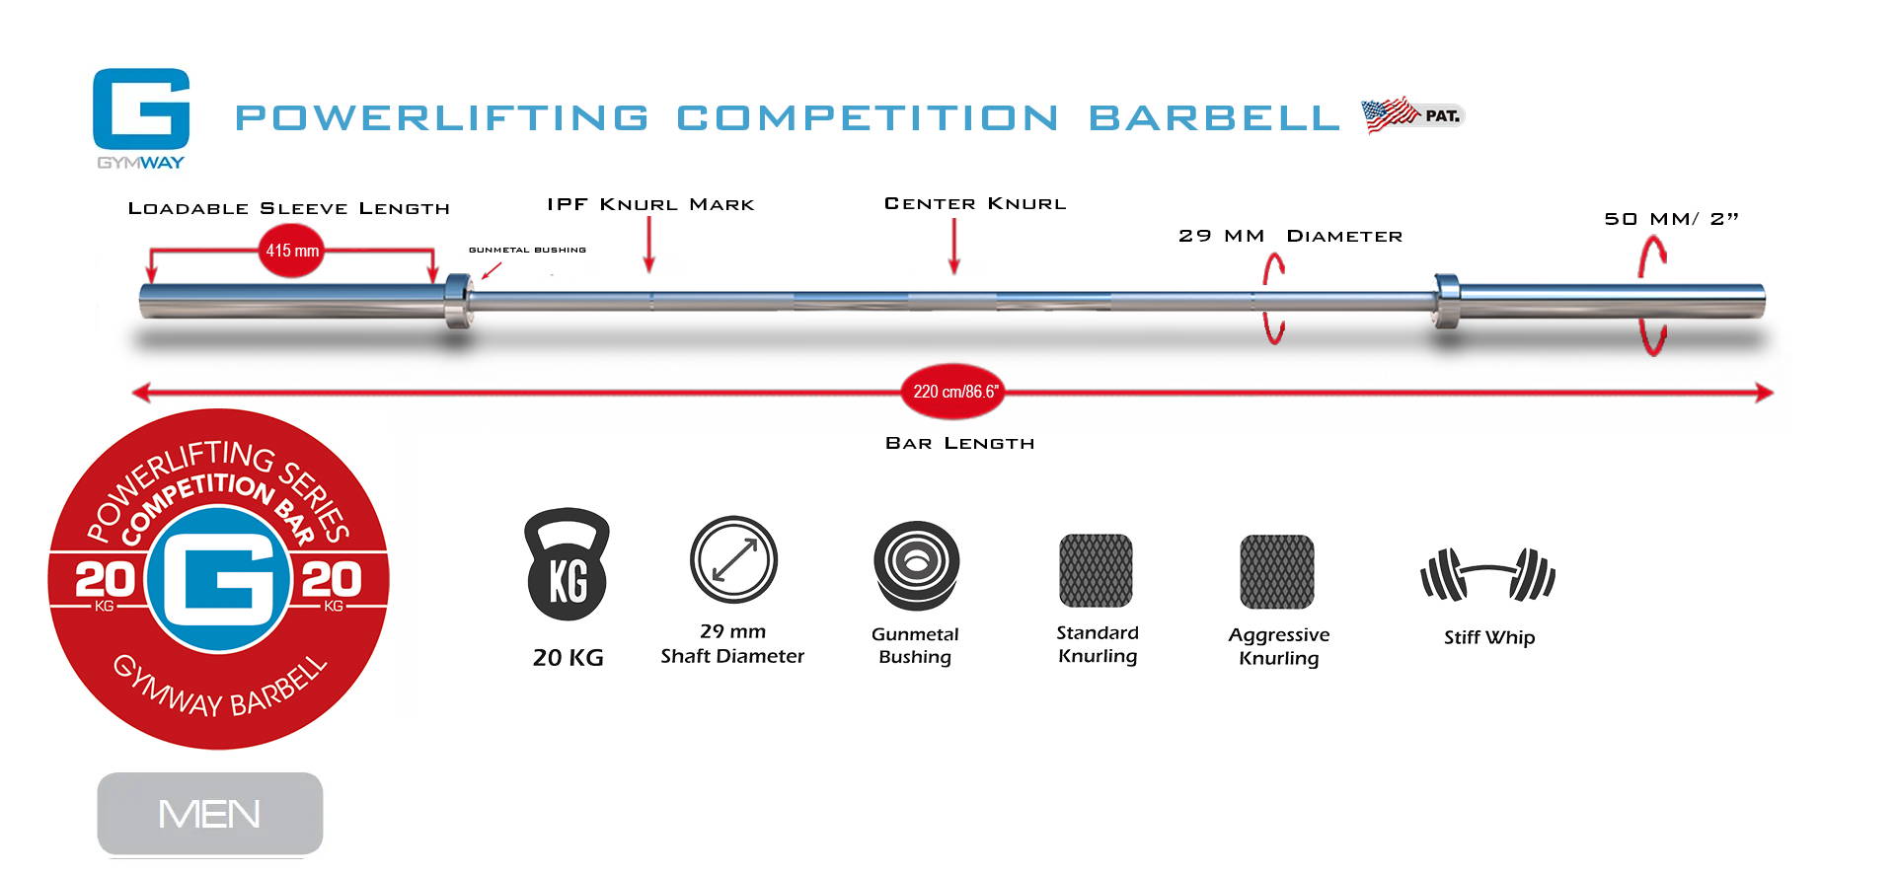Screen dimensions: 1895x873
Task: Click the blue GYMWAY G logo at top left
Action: [141, 109]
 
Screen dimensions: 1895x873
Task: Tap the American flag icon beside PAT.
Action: [1389, 115]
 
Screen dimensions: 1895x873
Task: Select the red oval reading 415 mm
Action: [292, 251]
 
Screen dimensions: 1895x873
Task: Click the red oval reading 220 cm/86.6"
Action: [954, 392]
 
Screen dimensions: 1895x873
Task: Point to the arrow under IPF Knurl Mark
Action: [649, 245]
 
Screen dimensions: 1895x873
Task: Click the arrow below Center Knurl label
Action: [954, 246]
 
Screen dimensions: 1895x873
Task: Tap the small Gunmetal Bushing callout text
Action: [527, 251]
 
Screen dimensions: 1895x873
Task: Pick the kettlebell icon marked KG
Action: [568, 564]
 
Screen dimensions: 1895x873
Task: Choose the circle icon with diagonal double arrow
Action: [733, 559]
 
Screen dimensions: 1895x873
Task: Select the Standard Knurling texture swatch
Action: [1096, 570]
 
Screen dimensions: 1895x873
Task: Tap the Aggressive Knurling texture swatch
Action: [1277, 571]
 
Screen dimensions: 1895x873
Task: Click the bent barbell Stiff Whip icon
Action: [1487, 574]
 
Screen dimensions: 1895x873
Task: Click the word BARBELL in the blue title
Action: [1214, 118]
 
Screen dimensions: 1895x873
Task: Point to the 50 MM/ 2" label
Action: [1671, 219]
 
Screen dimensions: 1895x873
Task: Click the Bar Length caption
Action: [960, 444]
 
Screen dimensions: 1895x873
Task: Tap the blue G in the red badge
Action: [219, 580]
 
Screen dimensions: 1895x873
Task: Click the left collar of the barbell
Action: [458, 301]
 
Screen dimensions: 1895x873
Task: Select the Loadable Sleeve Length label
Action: [289, 208]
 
